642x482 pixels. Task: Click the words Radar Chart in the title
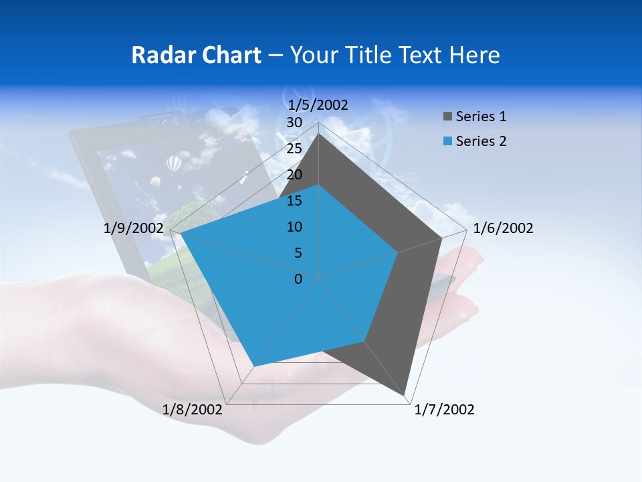(x=196, y=55)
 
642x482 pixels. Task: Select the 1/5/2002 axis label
(x=318, y=104)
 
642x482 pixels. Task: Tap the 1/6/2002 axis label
(x=503, y=228)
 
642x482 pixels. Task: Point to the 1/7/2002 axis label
(x=444, y=410)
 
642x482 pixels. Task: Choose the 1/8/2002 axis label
(x=193, y=410)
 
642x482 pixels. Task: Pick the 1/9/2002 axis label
(x=134, y=228)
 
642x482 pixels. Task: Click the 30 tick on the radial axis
(x=294, y=123)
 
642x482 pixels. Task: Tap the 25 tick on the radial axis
(x=294, y=149)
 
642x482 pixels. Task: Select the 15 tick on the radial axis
(x=294, y=201)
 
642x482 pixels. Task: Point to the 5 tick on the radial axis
(x=298, y=253)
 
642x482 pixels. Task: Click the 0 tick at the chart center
(x=298, y=279)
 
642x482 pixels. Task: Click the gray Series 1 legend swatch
(x=447, y=117)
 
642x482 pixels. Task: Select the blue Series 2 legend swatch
(x=447, y=141)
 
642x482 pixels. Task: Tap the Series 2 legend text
(x=481, y=141)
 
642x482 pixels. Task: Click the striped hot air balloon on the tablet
(x=174, y=163)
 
